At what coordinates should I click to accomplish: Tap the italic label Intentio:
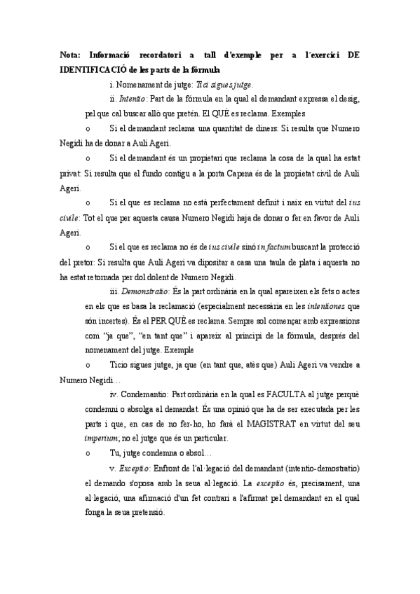click(133, 99)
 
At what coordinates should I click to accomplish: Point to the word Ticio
click(121, 365)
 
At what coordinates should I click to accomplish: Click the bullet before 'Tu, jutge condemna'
click(87, 454)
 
